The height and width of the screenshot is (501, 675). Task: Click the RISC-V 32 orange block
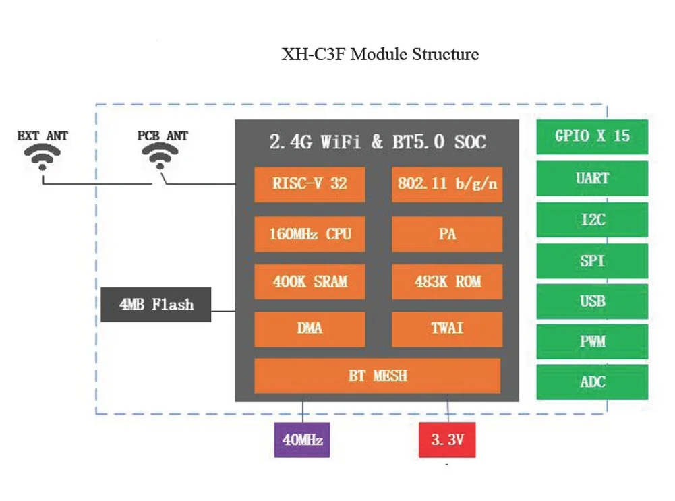(310, 184)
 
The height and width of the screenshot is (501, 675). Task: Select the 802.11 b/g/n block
(447, 184)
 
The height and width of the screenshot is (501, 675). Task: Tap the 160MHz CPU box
(310, 234)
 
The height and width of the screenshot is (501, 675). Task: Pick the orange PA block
(447, 234)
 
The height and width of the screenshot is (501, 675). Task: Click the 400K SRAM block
(310, 281)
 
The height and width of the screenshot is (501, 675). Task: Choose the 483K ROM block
(447, 281)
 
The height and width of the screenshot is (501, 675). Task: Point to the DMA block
(310, 329)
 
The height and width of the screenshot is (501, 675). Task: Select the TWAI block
(447, 329)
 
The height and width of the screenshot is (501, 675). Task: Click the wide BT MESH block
(378, 376)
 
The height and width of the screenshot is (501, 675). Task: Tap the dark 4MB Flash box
(156, 305)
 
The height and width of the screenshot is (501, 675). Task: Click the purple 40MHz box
(302, 440)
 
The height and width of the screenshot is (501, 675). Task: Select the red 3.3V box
(447, 440)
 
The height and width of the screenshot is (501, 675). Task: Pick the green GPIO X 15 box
(592, 136)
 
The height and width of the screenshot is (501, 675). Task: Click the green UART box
(592, 179)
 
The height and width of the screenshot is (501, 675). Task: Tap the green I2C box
(592, 220)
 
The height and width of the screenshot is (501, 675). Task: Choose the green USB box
(592, 301)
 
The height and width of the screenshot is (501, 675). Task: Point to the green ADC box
(592, 382)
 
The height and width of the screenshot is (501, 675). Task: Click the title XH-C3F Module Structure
(380, 54)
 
